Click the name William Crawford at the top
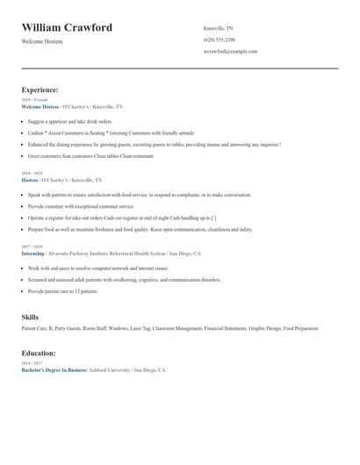click(67, 28)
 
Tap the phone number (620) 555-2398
click(219, 39)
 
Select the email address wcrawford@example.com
click(230, 51)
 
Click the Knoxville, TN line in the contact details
click(219, 28)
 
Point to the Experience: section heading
click(40, 89)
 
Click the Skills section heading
click(30, 316)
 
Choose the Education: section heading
click(39, 353)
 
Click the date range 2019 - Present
click(32, 100)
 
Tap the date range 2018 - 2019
click(32, 173)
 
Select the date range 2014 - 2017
click(32, 363)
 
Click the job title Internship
click(38, 253)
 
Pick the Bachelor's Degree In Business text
click(54, 370)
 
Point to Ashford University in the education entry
click(109, 370)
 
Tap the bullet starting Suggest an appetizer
click(70, 121)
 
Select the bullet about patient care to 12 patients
click(63, 290)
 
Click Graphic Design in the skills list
click(264, 328)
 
